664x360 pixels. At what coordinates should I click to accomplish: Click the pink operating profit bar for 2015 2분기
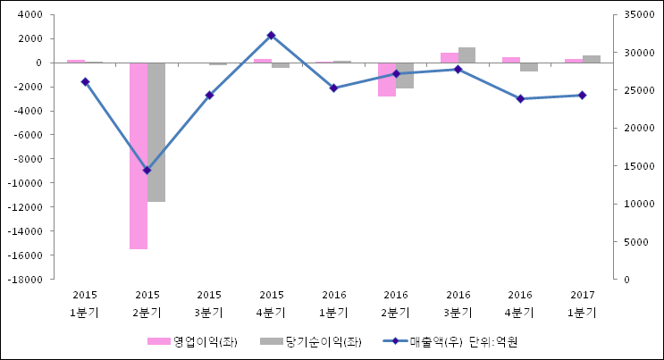pos(139,155)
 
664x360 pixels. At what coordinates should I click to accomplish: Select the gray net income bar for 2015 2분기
pos(156,132)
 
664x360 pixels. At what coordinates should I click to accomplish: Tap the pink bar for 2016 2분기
pos(387,80)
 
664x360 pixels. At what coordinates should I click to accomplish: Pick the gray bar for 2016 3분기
pos(466,54)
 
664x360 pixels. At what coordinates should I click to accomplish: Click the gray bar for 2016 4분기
pos(529,67)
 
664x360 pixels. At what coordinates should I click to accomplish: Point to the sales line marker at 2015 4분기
pos(271,36)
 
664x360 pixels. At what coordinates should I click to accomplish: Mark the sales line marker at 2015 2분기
pos(147,170)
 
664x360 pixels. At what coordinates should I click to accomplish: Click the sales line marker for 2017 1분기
pos(582,95)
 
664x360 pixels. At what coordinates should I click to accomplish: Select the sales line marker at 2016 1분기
pos(333,88)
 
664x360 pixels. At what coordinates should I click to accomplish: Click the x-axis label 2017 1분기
pos(582,304)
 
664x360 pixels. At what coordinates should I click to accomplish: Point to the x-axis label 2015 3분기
pos(209,304)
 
